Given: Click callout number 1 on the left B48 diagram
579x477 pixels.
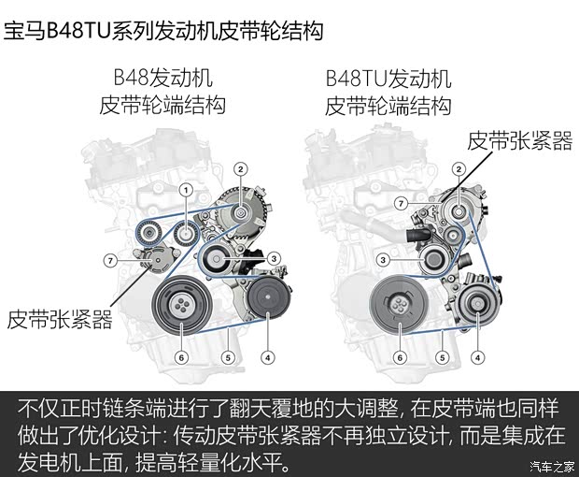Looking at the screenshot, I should (186, 191).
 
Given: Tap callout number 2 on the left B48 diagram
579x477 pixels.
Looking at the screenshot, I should (240, 169).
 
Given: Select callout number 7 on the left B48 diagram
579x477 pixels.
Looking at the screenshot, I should (109, 259).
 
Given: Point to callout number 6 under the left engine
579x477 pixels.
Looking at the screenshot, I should (182, 355).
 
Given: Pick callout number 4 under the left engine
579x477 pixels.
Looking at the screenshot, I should (268, 355).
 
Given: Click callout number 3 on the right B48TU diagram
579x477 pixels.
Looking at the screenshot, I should (382, 259).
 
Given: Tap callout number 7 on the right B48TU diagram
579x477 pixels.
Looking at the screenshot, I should (400, 203).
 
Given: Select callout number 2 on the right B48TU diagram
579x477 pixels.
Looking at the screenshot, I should (459, 169).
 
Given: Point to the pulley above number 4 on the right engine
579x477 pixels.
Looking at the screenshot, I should (476, 309).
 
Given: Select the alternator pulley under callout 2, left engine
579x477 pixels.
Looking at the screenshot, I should (241, 213).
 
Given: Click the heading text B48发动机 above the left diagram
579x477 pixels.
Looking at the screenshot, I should (162, 79).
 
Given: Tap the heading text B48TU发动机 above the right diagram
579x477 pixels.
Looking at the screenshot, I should (388, 79).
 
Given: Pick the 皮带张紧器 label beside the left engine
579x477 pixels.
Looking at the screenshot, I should (60, 320).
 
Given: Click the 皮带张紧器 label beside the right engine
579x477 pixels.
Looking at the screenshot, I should (519, 140).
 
